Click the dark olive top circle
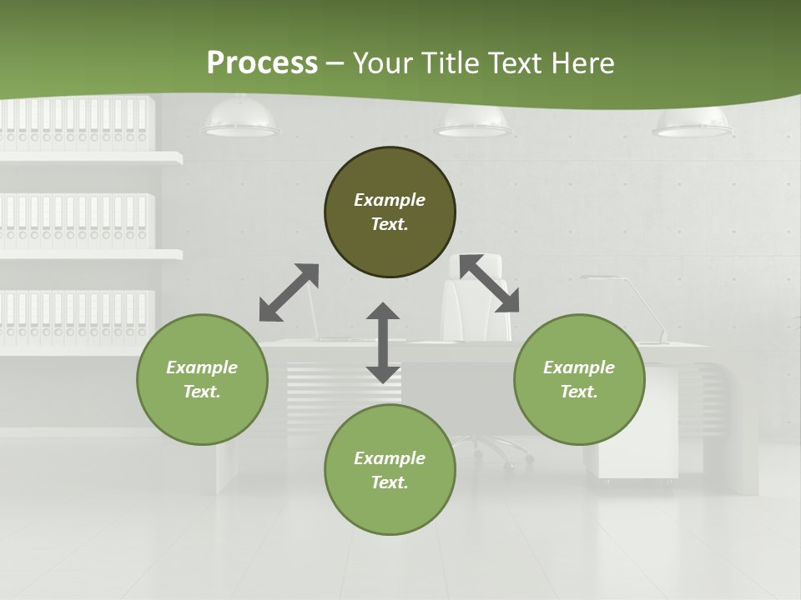pos(390,212)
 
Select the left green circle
pos(202,379)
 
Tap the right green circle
pos(579,379)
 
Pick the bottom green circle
pos(390,470)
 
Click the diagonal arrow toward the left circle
pos(289,292)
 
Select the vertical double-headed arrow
pos(383,343)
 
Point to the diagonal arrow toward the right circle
pos(490,283)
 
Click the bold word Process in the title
pos(262,63)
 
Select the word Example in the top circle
pos(390,200)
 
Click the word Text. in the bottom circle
pos(390,482)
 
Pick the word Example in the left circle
pos(202,367)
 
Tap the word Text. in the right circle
pos(579,392)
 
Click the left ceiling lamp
pos(240,119)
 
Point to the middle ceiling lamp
pos(471,122)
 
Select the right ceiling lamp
pos(692,122)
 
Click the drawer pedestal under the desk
pos(638,425)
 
